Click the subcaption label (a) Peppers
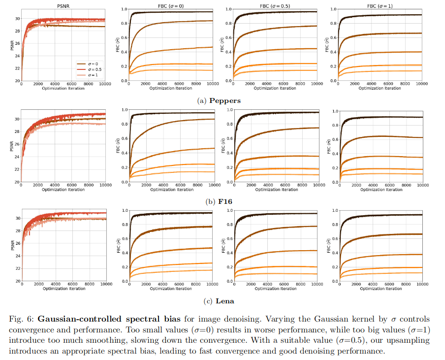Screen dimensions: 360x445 (220, 100)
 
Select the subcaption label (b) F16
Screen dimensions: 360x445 (219, 201)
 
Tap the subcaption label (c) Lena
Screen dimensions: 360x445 (219, 301)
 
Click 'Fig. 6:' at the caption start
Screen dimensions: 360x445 (20, 319)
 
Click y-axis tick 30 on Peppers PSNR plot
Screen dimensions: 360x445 (17, 19)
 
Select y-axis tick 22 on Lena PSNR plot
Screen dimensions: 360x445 (17, 268)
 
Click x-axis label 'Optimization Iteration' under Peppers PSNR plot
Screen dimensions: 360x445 (63, 89)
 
